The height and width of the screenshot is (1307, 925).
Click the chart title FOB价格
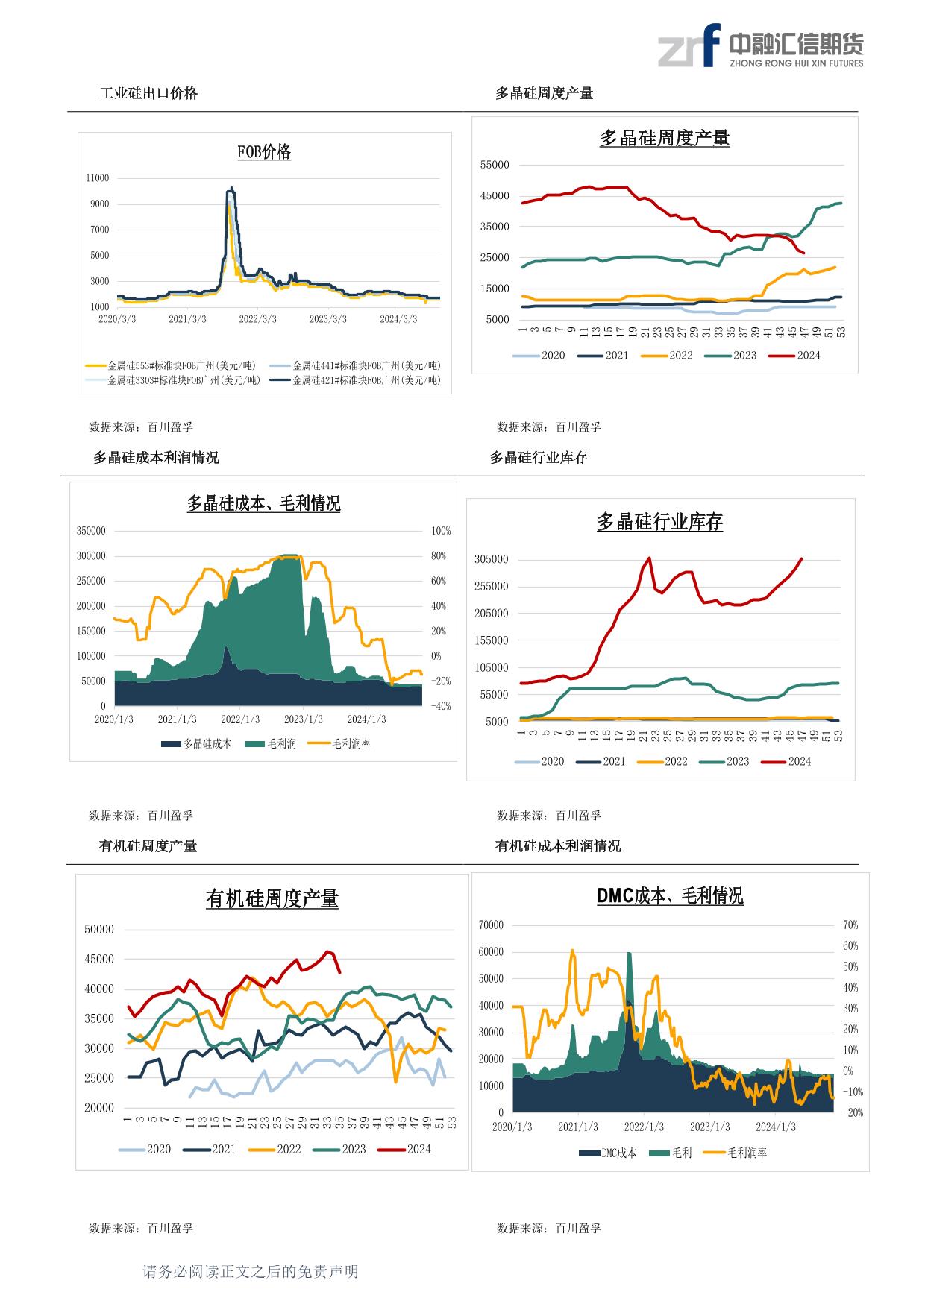click(x=264, y=152)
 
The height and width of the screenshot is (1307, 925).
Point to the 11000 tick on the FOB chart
click(x=98, y=178)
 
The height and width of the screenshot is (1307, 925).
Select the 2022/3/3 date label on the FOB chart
click(x=257, y=319)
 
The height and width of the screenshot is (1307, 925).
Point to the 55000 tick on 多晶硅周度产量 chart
click(x=495, y=165)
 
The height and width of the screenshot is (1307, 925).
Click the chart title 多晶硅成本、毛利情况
click(x=263, y=504)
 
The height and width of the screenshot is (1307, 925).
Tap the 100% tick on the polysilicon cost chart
click(x=441, y=532)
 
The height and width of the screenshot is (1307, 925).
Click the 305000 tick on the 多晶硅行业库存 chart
click(x=491, y=560)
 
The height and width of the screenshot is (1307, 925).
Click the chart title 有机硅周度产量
click(x=272, y=899)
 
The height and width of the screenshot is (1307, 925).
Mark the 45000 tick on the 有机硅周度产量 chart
click(x=99, y=960)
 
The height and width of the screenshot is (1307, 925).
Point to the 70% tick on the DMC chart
click(x=850, y=925)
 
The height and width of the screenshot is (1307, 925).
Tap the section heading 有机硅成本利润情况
click(x=558, y=845)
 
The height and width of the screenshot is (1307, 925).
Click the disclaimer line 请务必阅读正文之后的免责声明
click(x=251, y=1271)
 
